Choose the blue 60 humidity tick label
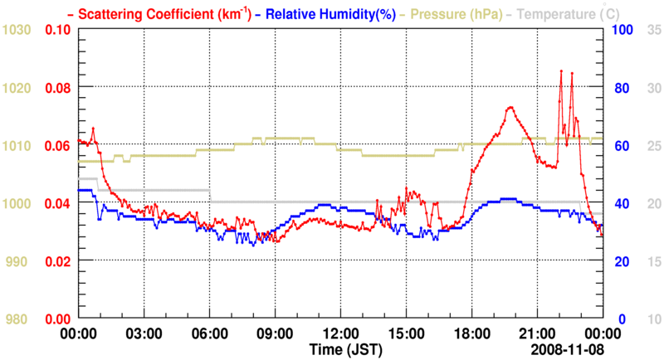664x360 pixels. pyautogui.click(x=619, y=146)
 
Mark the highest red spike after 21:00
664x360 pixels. pyautogui.click(x=562, y=71)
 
